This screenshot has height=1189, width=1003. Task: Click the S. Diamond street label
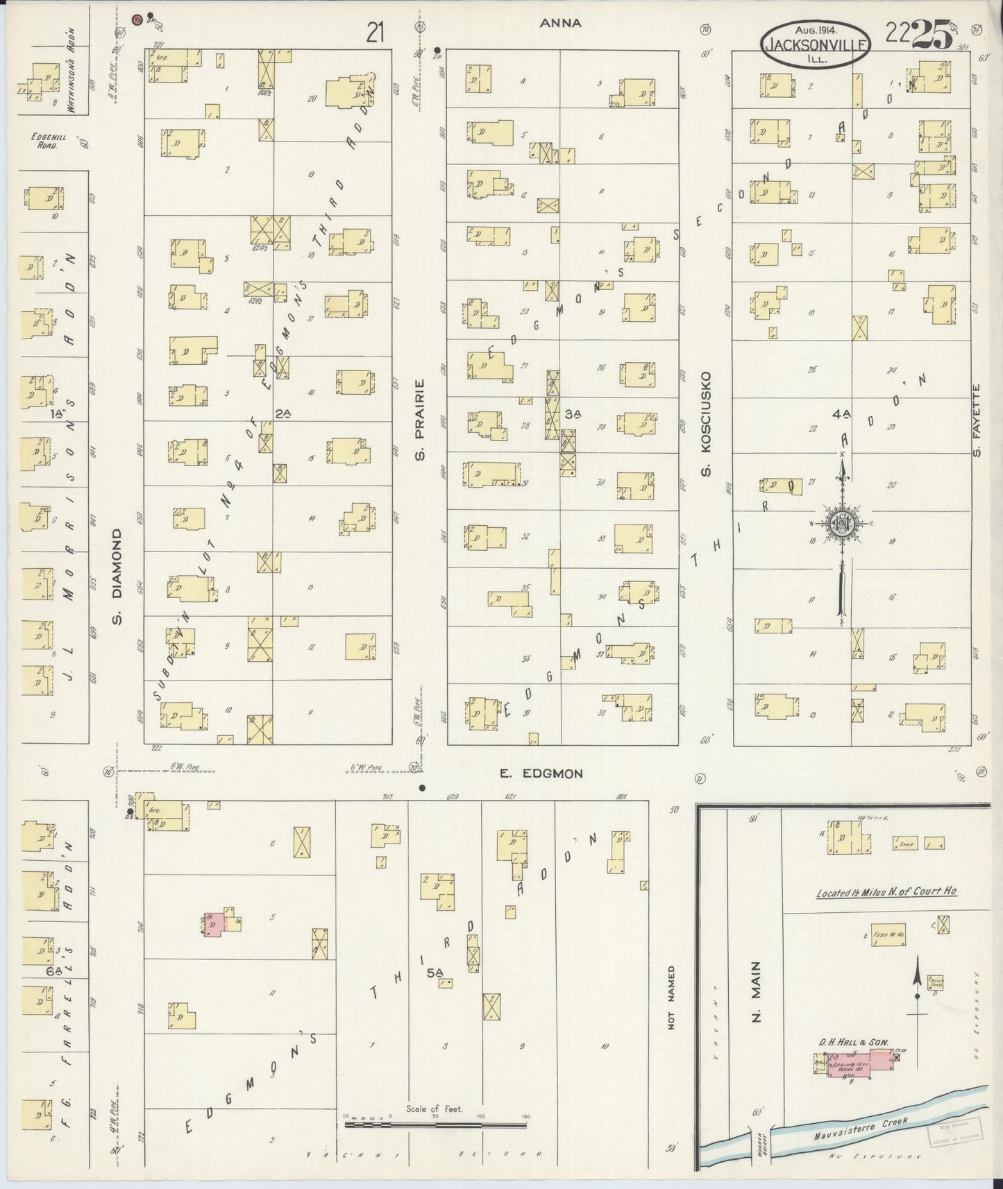click(x=117, y=575)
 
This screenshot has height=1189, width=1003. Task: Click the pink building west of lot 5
click(x=217, y=923)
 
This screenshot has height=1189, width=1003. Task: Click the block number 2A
click(x=282, y=413)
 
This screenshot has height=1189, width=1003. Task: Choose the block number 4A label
click(x=841, y=414)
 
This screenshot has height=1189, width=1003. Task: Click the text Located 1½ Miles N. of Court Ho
click(x=886, y=891)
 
